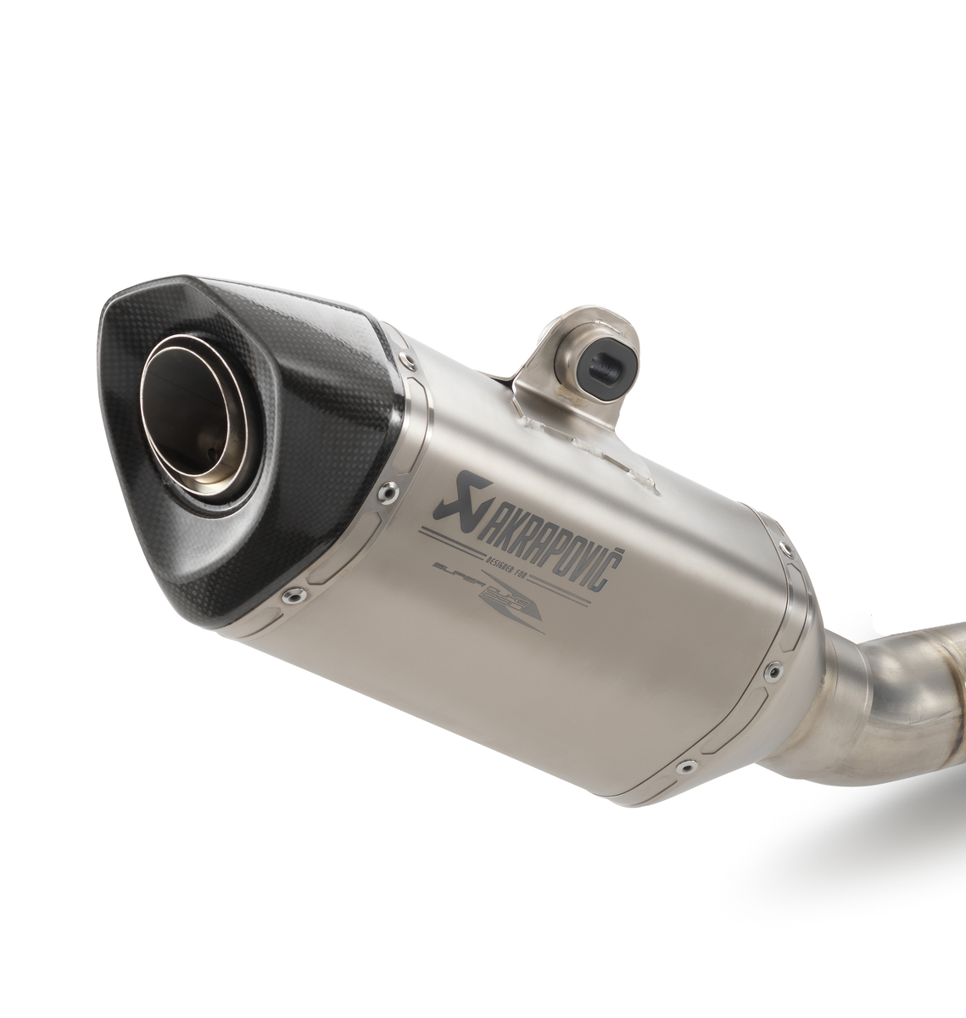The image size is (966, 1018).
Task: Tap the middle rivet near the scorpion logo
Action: pos(388,489)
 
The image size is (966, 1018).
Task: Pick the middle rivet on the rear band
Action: pos(771,672)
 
